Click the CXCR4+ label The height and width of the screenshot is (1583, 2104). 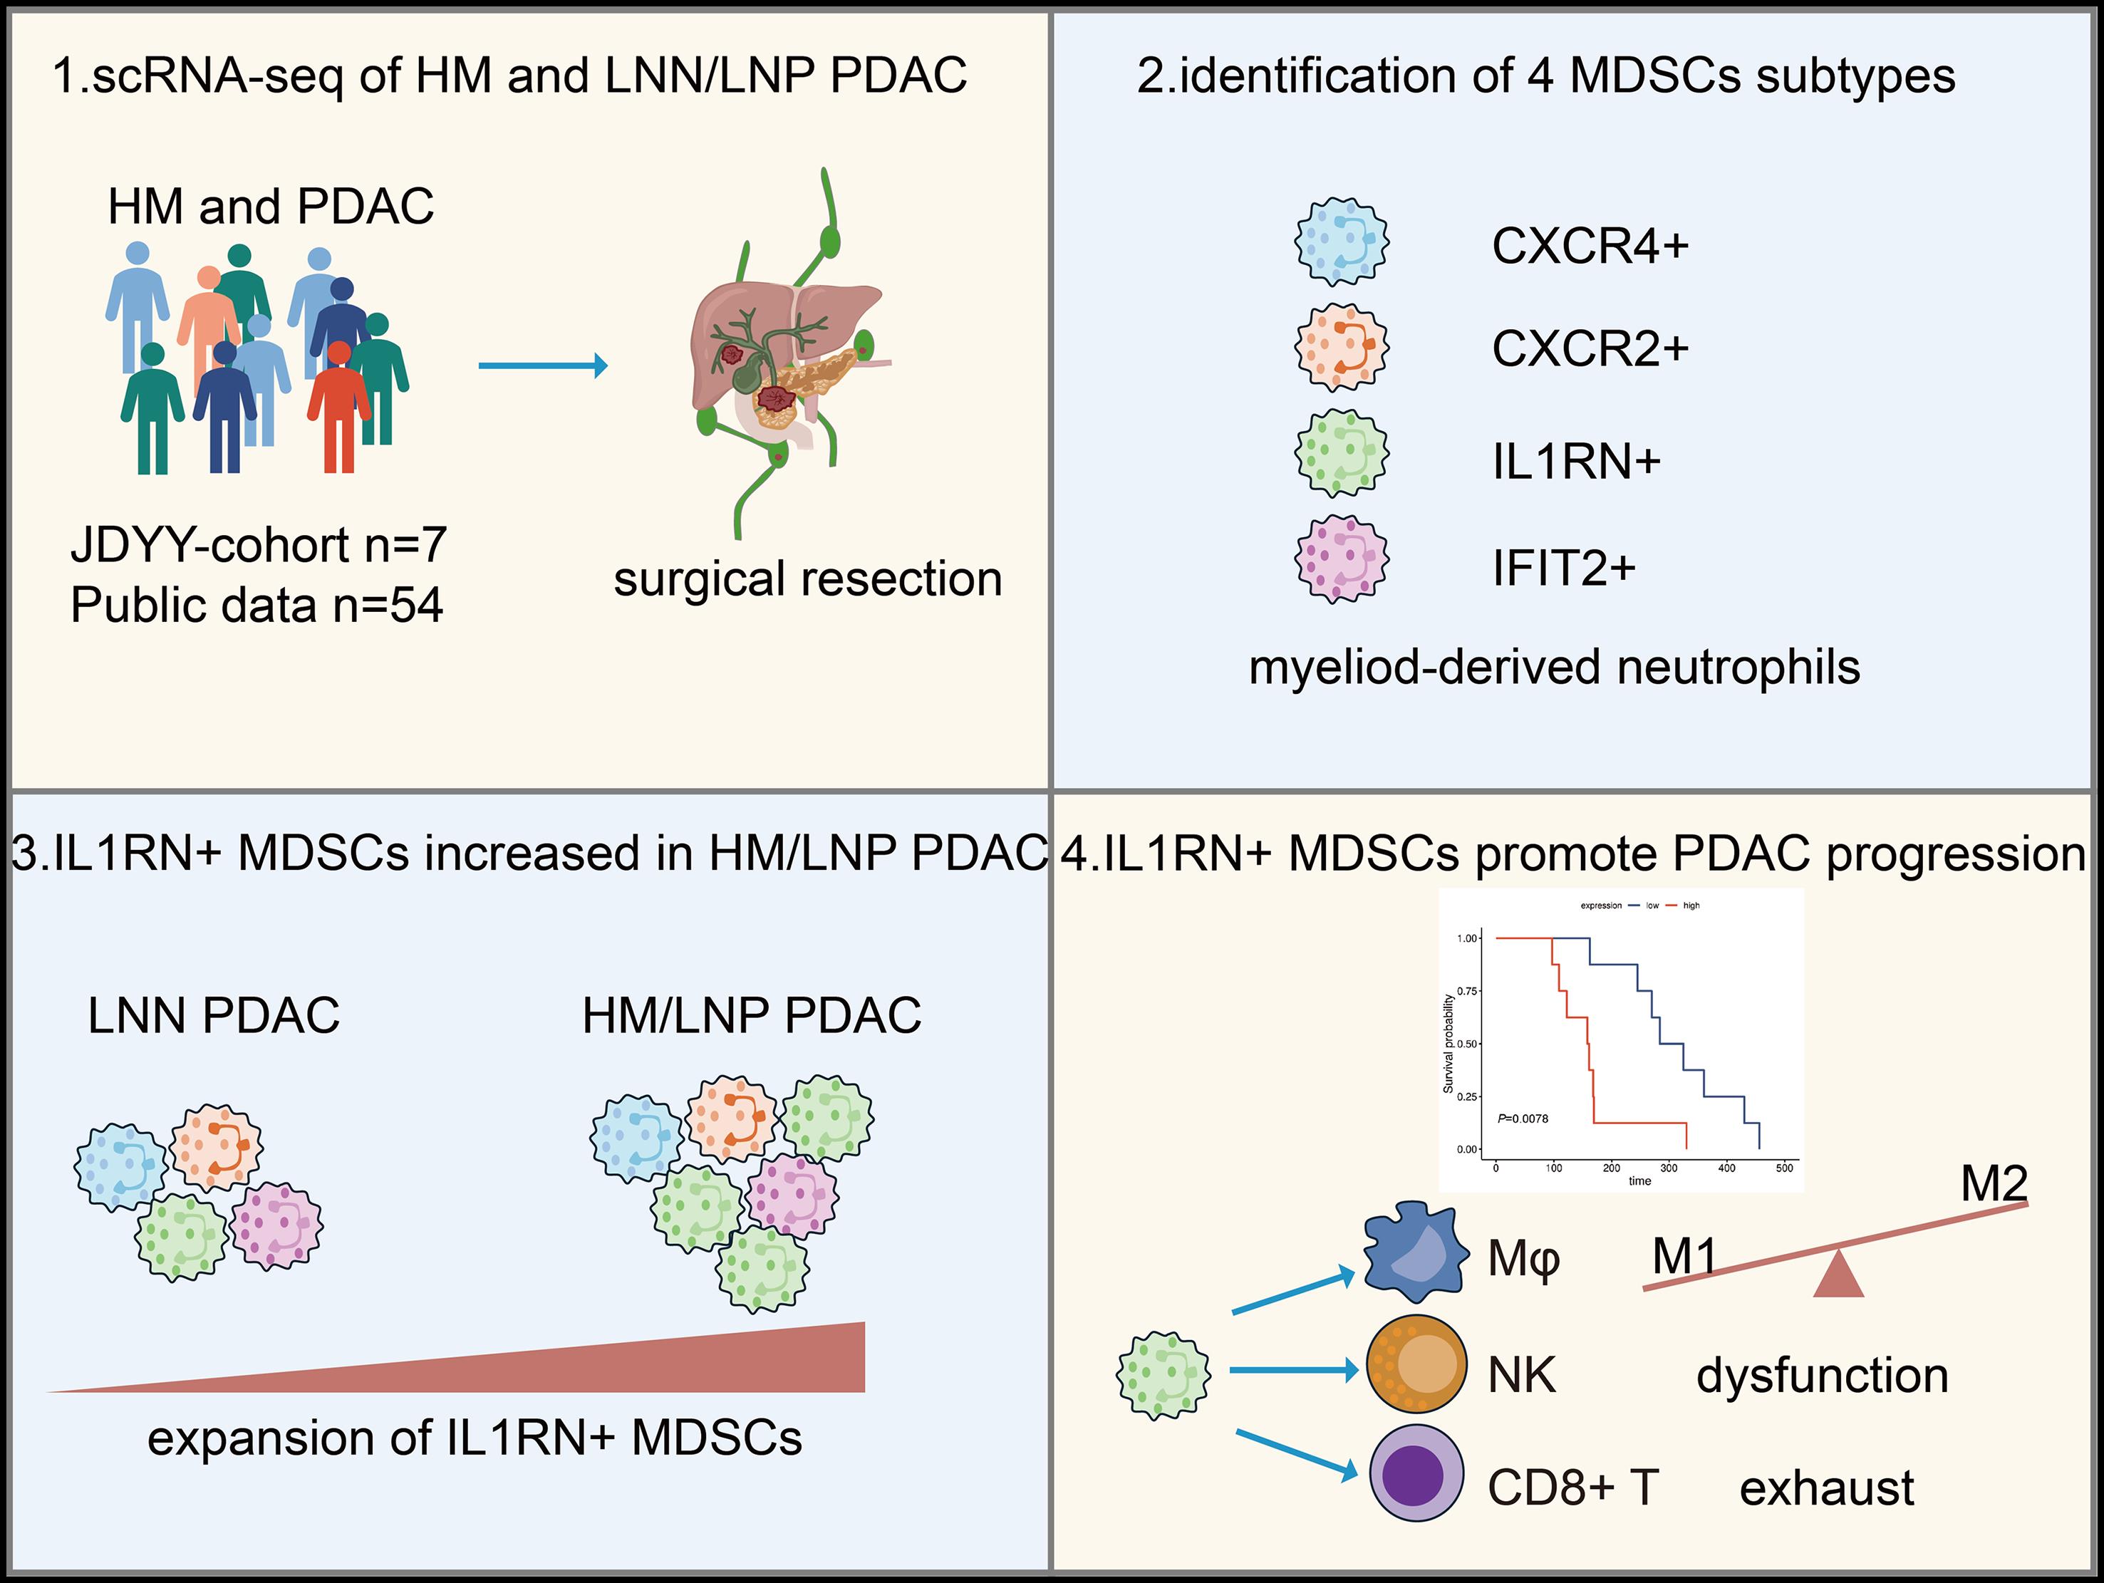[x=1590, y=246]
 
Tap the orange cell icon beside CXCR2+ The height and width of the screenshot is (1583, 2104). [x=1341, y=347]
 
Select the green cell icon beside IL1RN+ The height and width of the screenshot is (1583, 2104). [x=1341, y=453]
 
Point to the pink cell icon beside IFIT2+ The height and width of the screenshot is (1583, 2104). [x=1341, y=559]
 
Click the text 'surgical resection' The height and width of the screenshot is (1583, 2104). [x=807, y=578]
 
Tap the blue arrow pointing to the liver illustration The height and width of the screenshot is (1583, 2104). [x=542, y=365]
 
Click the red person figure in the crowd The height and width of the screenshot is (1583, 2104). [x=338, y=405]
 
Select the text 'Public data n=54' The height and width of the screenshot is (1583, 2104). [x=256, y=605]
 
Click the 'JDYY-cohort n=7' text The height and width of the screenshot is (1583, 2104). [x=259, y=545]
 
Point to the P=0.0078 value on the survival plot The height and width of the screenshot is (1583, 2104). [x=1523, y=1119]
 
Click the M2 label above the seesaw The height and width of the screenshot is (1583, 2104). [x=1994, y=1184]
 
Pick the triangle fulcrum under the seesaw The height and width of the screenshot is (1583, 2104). [x=1838, y=1275]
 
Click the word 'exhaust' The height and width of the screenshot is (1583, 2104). [x=1826, y=1488]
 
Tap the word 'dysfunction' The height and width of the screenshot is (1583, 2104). [x=1823, y=1376]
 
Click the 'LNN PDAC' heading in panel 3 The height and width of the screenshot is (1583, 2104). [x=214, y=1015]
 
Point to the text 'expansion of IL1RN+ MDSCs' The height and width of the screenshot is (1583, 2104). [x=475, y=1438]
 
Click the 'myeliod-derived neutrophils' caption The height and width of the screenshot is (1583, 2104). [x=1554, y=667]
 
